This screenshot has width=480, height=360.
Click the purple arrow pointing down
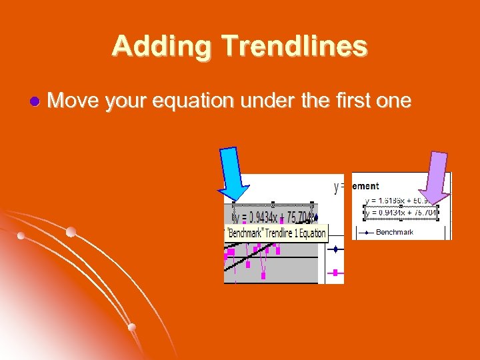pos(437,176)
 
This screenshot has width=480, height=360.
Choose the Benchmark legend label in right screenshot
pos(395,232)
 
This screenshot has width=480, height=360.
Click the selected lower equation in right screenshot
pos(401,213)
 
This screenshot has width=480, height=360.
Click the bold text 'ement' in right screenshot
pos(365,187)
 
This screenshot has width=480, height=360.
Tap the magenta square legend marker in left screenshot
pos(335,272)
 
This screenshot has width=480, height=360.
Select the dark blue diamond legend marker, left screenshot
pos(335,249)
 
